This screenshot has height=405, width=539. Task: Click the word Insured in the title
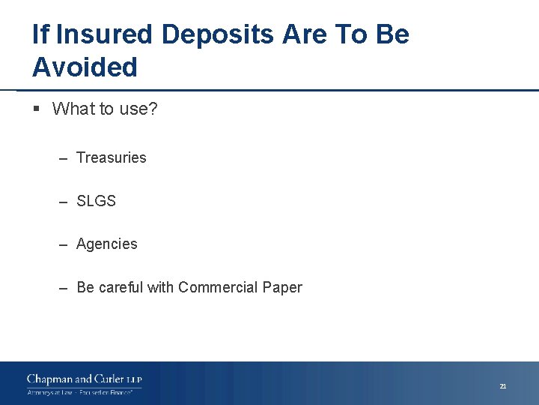[104, 34]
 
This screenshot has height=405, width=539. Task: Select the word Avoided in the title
[85, 67]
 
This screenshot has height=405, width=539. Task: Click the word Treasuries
[112, 157]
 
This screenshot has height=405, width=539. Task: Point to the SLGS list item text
[97, 201]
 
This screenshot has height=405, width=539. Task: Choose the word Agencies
[107, 244]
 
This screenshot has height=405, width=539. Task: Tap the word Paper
[282, 287]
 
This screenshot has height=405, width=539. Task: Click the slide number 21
[503, 386]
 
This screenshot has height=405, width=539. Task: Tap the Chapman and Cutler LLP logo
[84, 379]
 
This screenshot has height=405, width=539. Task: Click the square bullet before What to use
[37, 109]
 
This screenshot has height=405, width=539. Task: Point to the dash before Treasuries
[62, 158]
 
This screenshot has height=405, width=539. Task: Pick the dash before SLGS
[62, 202]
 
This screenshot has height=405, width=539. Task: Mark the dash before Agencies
[62, 244]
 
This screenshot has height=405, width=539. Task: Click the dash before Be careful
[62, 288]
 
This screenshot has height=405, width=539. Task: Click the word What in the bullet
[73, 109]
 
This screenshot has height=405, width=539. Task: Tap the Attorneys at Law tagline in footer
[52, 392]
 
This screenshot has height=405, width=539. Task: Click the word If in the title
[41, 34]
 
